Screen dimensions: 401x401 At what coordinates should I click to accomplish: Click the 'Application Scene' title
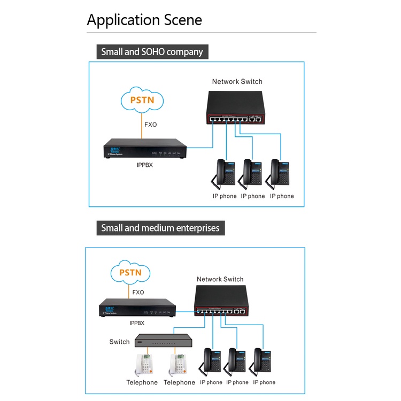(144, 20)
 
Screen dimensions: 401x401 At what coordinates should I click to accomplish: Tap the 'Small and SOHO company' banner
(152, 52)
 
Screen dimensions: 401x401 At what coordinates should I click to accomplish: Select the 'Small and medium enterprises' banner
(160, 228)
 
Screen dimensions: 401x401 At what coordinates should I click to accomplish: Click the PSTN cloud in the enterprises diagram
(130, 273)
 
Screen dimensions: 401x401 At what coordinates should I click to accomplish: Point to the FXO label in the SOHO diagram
(151, 125)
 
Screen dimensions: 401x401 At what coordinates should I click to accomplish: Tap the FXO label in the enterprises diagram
(138, 292)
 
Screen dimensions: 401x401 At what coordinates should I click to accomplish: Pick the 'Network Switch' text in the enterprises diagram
(220, 279)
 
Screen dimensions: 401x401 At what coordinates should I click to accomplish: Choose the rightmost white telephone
(179, 365)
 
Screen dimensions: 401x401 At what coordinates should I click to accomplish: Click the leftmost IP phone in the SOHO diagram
(225, 172)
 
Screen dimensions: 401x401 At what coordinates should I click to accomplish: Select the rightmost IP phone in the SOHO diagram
(281, 172)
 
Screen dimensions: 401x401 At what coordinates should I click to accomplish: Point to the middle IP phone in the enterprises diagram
(237, 360)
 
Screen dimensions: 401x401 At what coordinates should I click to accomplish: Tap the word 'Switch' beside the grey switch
(119, 342)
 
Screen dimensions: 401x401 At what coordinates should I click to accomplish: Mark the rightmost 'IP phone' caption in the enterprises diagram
(264, 382)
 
